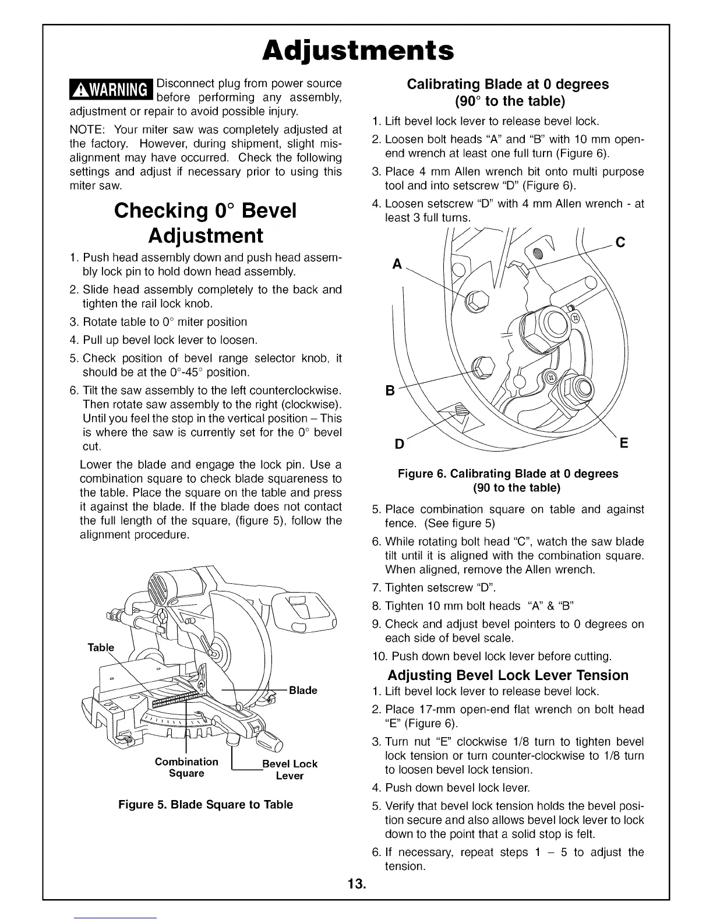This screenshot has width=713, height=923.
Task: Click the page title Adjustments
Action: [x=357, y=51]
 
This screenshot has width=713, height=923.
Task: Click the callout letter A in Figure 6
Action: [x=397, y=264]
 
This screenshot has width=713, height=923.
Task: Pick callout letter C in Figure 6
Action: [x=620, y=242]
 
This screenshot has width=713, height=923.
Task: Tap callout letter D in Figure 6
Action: [x=400, y=444]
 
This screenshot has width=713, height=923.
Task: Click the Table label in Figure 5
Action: [x=101, y=647]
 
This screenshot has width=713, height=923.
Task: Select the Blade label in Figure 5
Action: [x=303, y=691]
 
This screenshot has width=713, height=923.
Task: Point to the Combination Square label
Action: [x=186, y=767]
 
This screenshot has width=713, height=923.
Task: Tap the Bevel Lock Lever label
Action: [x=290, y=769]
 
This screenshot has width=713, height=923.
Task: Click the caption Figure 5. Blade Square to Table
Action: [x=206, y=805]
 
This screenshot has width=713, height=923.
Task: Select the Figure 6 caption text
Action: [x=507, y=480]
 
